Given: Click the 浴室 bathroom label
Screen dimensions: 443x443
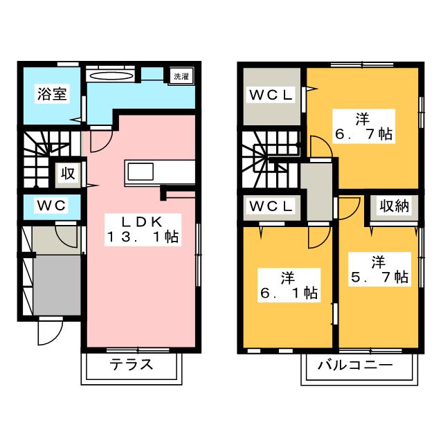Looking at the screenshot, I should (x=52, y=94).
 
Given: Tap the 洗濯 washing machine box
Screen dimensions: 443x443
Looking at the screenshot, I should (x=180, y=75).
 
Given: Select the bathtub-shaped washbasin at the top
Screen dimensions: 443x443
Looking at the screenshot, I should (x=111, y=75).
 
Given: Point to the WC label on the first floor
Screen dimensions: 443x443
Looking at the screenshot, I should (x=51, y=206).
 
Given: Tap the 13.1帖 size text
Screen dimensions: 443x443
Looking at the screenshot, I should (x=143, y=237).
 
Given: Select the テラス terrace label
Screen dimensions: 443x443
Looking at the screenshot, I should (x=131, y=365).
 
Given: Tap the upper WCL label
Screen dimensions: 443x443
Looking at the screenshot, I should (x=271, y=94).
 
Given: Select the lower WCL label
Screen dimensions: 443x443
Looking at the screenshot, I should (x=271, y=206).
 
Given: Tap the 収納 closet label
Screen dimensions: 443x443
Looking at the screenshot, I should (x=392, y=206).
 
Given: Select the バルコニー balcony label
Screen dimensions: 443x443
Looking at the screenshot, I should (x=355, y=365).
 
